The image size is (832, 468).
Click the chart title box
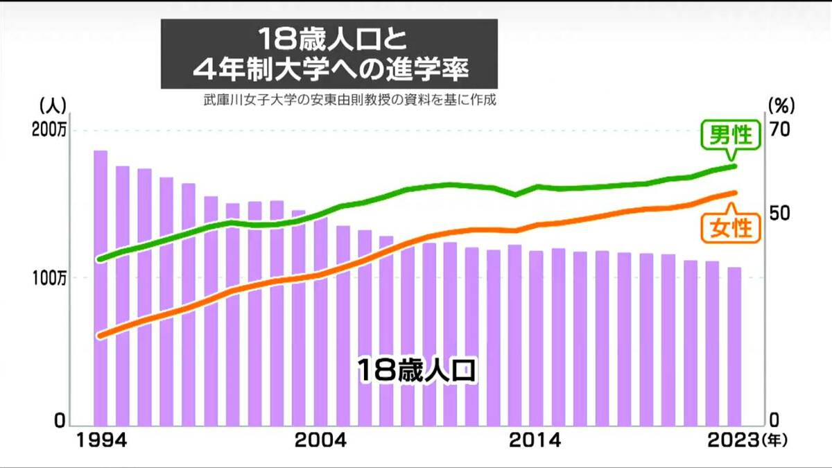(329, 53)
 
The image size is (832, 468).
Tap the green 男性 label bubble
(728, 134)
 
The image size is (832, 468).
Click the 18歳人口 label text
(417, 370)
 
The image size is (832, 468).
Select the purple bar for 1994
(101, 288)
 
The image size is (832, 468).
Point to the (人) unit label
(53, 105)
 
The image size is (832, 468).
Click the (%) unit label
(781, 105)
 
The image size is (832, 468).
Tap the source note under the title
(350, 101)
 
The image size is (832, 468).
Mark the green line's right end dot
(734, 166)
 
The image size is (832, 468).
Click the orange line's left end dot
(101, 336)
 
